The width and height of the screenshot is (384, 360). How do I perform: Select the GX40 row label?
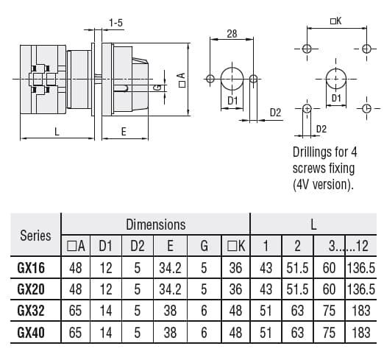(x=31, y=332)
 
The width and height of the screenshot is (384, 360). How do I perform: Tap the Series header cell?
(x=35, y=236)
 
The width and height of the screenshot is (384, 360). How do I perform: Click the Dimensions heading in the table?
(x=155, y=225)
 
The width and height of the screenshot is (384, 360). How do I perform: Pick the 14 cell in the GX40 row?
(x=106, y=332)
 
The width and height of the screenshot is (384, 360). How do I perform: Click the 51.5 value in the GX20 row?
(x=297, y=289)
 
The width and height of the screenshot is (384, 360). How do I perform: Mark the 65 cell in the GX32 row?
(x=77, y=311)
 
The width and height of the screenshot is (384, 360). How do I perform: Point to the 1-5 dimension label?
(x=115, y=24)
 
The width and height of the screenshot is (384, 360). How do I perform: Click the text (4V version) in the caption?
(x=322, y=183)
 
